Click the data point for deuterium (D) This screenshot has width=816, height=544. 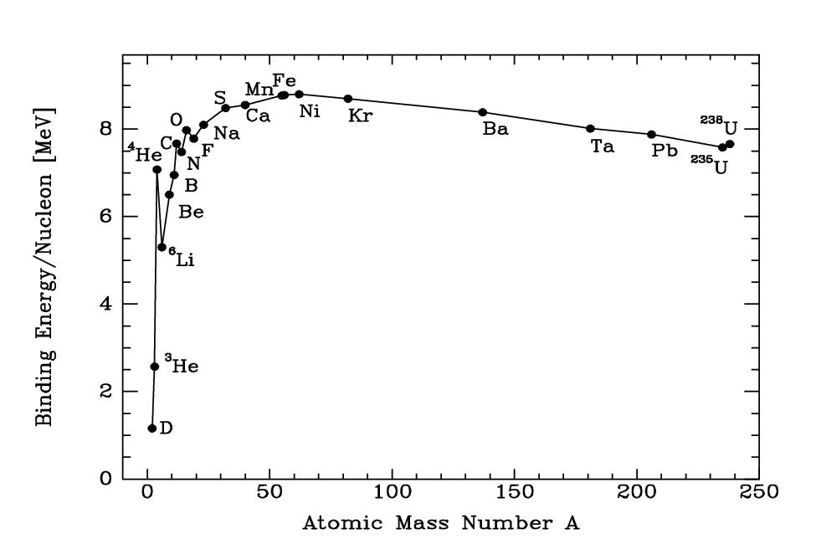[152, 429]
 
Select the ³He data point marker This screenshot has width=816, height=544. [155, 367]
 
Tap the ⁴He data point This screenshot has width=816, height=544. [157, 170]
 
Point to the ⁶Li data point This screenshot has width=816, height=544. [162, 247]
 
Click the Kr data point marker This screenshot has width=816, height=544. [348, 99]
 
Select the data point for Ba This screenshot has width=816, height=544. [483, 112]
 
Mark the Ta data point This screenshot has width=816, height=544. [591, 129]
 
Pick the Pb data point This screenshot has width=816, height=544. [652, 135]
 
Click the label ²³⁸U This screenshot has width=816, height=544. [720, 126]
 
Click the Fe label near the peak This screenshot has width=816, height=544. [285, 81]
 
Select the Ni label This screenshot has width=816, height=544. [310, 111]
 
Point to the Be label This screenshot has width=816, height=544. [191, 212]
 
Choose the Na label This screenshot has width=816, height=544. [226, 132]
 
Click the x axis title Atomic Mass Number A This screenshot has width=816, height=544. [440, 524]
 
